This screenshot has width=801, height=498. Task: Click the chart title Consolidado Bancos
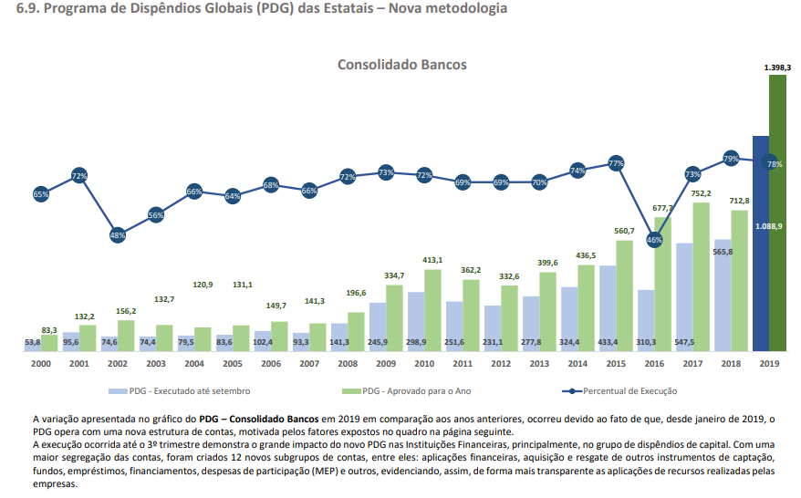click(401, 65)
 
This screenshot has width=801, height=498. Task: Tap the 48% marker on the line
click(118, 234)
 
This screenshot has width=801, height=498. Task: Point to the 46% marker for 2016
click(654, 240)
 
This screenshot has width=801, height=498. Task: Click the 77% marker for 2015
click(616, 163)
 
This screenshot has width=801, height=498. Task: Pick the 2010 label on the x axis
click(424, 363)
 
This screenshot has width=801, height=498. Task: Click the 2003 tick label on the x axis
click(156, 363)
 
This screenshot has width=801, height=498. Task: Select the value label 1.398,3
click(777, 67)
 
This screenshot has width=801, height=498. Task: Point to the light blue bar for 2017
click(684, 296)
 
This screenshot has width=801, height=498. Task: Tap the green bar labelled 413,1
click(432, 310)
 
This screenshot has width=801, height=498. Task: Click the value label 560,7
click(624, 231)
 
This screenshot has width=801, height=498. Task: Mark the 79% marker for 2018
click(731, 159)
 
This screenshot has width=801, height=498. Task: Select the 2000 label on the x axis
click(41, 363)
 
